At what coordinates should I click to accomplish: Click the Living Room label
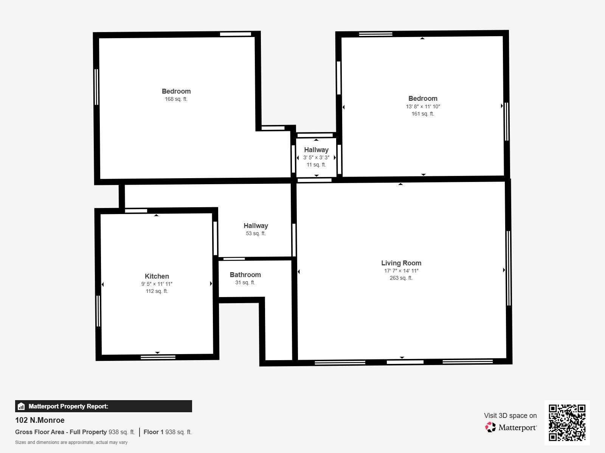point(401,263)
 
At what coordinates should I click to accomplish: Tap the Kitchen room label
point(157,276)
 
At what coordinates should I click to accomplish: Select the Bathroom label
point(245,275)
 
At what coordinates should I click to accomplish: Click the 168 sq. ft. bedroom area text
point(176,99)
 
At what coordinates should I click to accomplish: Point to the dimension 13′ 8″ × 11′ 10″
point(423,106)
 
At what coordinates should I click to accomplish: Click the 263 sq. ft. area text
point(401,278)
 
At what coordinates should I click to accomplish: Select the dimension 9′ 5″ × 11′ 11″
point(157,284)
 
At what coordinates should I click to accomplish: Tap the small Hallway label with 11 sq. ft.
point(316,150)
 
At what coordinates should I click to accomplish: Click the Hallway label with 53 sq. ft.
point(256,226)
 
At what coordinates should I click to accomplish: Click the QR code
point(567,422)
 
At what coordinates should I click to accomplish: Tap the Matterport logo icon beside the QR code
point(490,427)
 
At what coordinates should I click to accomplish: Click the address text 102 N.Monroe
point(40,420)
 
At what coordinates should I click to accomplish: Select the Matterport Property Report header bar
point(103,406)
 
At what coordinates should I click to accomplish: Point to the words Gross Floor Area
point(40,432)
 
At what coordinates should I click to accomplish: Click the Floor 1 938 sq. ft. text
point(168,432)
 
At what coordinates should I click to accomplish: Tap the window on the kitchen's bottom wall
point(158,357)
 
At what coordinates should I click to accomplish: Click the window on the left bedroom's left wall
point(96,87)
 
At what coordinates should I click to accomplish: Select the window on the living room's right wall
point(509,268)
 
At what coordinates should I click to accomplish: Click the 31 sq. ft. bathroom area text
point(245,282)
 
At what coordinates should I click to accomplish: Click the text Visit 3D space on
point(510,416)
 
